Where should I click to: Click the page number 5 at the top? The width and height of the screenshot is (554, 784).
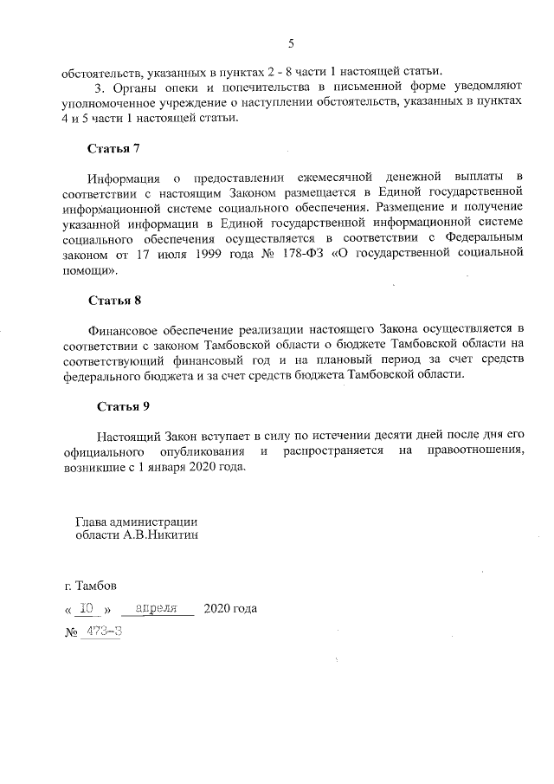(291, 44)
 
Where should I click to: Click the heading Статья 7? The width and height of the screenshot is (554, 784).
(113, 148)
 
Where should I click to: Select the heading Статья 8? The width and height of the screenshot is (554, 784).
(113, 301)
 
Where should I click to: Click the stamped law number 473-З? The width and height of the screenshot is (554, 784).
(101, 632)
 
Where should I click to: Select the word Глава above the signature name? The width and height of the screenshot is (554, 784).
(93, 522)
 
